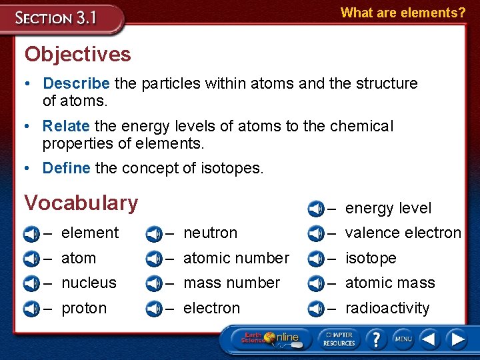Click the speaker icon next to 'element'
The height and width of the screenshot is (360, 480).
click(x=31, y=234)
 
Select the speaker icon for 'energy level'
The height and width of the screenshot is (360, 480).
click(x=316, y=209)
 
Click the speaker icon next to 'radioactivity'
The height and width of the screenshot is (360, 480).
click(x=316, y=309)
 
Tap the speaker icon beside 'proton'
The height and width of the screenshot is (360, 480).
click(x=31, y=309)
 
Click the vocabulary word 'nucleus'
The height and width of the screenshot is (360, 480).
click(x=89, y=283)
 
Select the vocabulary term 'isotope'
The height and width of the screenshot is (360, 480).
click(x=371, y=258)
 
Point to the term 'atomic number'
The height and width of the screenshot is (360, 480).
click(x=236, y=258)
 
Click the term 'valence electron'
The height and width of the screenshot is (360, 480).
click(x=403, y=233)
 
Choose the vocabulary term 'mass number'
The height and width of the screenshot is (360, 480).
click(x=231, y=283)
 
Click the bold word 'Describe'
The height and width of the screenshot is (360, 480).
click(x=76, y=83)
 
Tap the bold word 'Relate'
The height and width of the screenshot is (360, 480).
click(x=66, y=126)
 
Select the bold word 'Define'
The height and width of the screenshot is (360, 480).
click(x=66, y=168)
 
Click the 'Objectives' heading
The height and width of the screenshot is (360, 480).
click(x=77, y=54)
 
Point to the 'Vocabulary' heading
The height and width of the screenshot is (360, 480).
click(x=81, y=203)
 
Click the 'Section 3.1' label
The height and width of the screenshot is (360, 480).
click(x=57, y=18)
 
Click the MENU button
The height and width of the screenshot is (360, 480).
click(x=403, y=339)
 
